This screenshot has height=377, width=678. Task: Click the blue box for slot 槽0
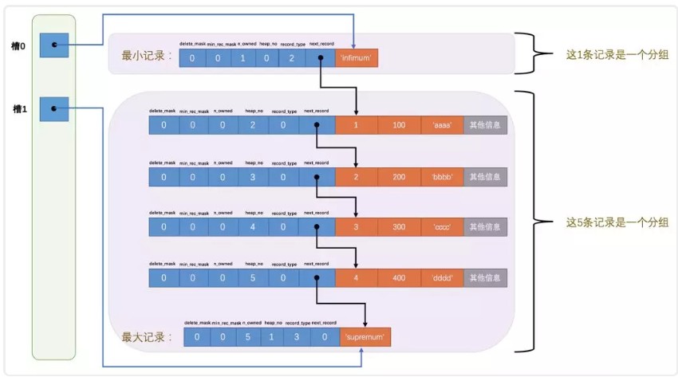(54, 45)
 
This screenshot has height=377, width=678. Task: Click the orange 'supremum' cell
(365, 337)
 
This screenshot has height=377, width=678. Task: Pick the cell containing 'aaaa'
(442, 126)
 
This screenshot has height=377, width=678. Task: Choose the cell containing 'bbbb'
(442, 177)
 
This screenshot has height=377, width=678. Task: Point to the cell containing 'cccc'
(442, 227)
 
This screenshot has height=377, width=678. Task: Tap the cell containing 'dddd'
(442, 278)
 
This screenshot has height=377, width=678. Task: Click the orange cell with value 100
(399, 126)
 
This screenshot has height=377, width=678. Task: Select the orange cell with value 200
(399, 177)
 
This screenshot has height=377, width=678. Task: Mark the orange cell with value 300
(399, 227)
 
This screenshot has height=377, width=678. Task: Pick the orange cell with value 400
(399, 278)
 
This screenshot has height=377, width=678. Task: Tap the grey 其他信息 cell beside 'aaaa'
(485, 126)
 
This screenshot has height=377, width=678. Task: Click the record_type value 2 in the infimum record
(292, 58)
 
